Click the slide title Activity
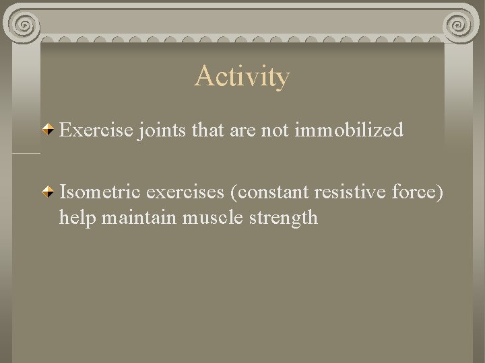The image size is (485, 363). tap(242, 77)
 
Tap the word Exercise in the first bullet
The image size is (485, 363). tap(96, 130)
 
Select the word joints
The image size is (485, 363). tap(162, 130)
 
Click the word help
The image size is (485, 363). tap(75, 218)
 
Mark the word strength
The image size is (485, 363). tap(283, 218)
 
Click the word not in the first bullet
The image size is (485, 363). tap(276, 130)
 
